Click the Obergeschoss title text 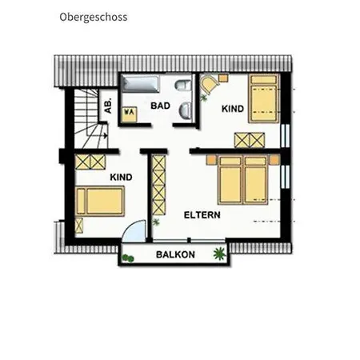pyautogui.click(x=94, y=18)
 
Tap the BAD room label pyautogui.click(x=160, y=106)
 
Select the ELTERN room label pyautogui.click(x=202, y=215)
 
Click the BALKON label pyautogui.click(x=175, y=254)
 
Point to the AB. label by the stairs pyautogui.click(x=108, y=106)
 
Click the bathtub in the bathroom pyautogui.click(x=141, y=84)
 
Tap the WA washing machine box pyautogui.click(x=130, y=114)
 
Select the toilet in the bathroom pyautogui.click(x=183, y=85)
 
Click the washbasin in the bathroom pyautogui.click(x=186, y=110)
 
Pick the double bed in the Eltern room pyautogui.click(x=242, y=180)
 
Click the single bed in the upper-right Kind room pyautogui.click(x=264, y=98)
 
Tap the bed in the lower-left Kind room pyautogui.click(x=100, y=201)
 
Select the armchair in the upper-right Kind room pyautogui.click(x=210, y=85)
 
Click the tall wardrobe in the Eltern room pyautogui.click(x=159, y=186)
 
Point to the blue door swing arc pyautogui.click(x=134, y=231)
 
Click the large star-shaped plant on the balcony pyautogui.click(x=219, y=254)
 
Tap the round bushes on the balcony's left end pyautogui.click(x=128, y=258)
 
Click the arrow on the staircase pyautogui.click(x=103, y=135)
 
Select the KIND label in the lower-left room pyautogui.click(x=121, y=178)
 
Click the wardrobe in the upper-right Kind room pyautogui.click(x=250, y=140)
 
